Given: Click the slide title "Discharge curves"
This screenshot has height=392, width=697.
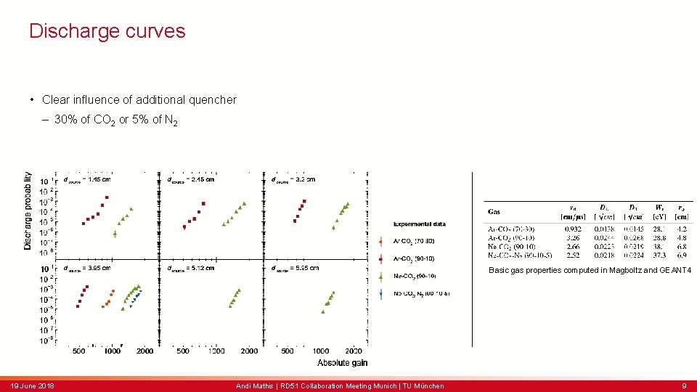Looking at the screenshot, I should (107, 31).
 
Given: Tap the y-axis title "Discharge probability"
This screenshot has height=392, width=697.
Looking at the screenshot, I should (28, 211).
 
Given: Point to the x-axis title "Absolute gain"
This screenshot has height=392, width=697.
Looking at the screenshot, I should (343, 362).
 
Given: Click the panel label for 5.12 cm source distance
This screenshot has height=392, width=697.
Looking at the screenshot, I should (191, 268).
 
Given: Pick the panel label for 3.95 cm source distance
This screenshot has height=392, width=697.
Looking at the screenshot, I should (87, 268).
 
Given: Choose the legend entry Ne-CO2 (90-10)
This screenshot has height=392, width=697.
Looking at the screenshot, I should (415, 276).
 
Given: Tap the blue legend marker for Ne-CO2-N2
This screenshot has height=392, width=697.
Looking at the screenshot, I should (382, 293).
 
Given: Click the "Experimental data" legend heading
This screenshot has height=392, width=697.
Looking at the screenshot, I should (420, 224).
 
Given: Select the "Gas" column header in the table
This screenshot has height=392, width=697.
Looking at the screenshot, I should (494, 211).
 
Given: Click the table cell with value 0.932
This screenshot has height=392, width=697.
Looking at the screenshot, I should (573, 229).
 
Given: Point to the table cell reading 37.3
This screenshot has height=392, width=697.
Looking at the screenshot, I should (658, 255).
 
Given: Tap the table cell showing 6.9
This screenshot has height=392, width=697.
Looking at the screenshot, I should (682, 255).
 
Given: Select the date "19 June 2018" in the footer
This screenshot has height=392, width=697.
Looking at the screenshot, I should (32, 385).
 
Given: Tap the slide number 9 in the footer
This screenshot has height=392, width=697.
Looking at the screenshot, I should (683, 385).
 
